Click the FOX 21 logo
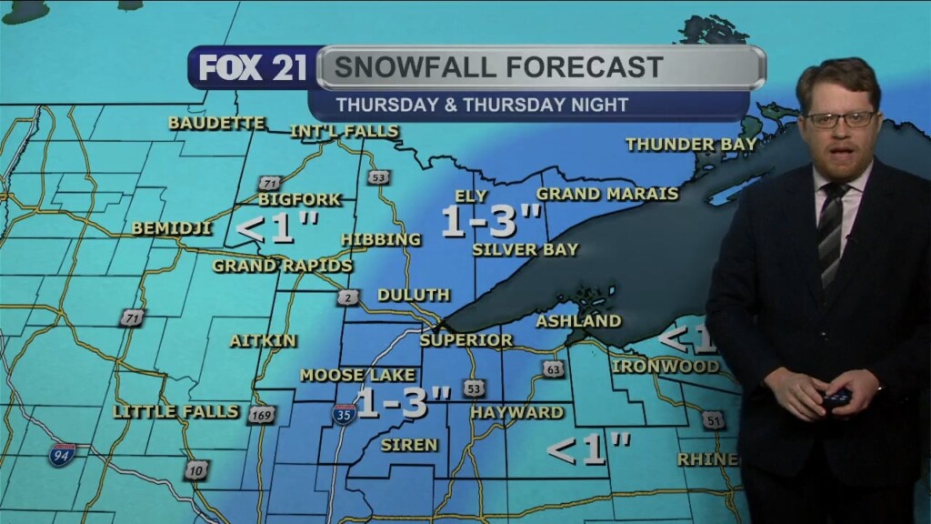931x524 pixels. coord(253,68)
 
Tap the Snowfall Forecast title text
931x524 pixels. coord(497,67)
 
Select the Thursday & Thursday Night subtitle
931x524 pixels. coord(481,105)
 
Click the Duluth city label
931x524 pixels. coord(414,295)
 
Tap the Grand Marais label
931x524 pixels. coord(607,194)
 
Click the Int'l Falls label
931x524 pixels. coord(345,132)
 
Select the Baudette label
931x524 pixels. coord(216,123)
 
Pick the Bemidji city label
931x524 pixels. coord(172,228)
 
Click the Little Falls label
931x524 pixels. coord(176,411)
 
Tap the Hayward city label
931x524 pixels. coord(516,412)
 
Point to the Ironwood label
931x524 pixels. coord(666,367)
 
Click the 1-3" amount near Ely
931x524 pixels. coord(492,221)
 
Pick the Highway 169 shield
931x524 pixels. coord(261,415)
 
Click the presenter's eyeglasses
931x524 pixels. coord(840,119)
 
